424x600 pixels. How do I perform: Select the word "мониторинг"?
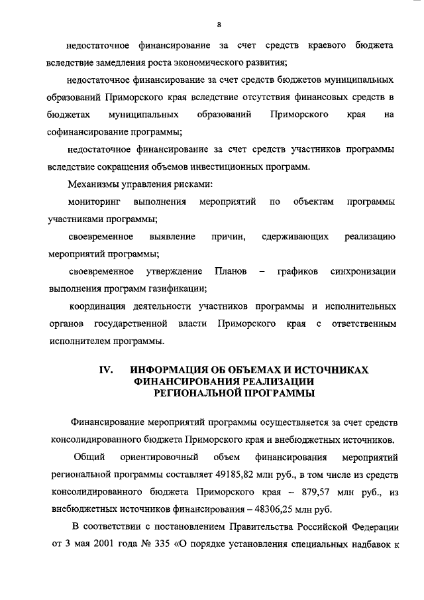pyautogui.click(x=93, y=201)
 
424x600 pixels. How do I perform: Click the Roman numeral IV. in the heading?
pyautogui.click(x=108, y=369)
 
